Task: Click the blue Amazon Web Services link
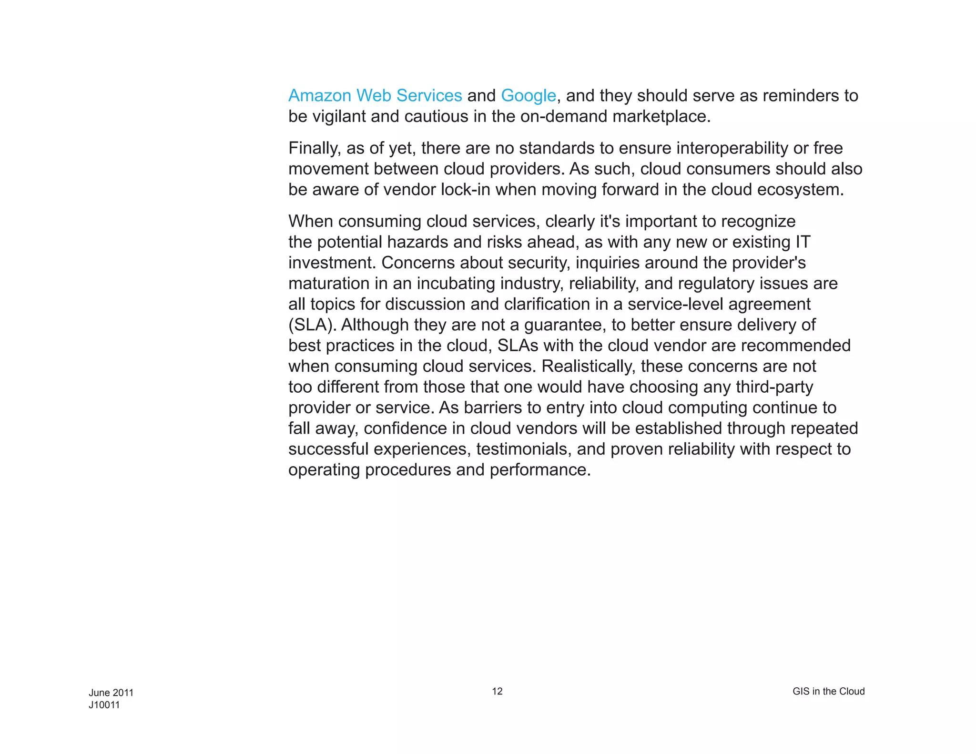click(x=375, y=96)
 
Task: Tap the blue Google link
click(x=528, y=96)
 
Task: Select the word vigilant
click(x=339, y=117)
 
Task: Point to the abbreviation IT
click(x=803, y=242)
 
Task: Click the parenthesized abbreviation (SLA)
click(x=312, y=325)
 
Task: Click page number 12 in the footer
click(x=497, y=692)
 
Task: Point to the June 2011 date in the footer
click(x=111, y=693)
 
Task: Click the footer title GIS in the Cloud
click(x=828, y=692)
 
